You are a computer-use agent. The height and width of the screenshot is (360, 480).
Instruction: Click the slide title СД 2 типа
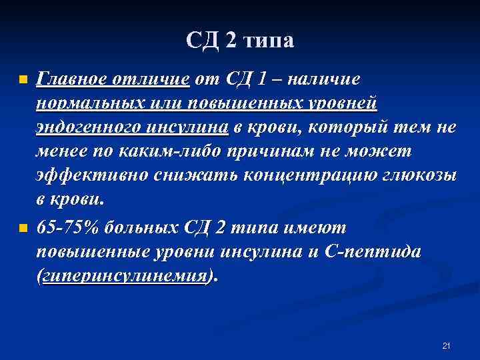240,41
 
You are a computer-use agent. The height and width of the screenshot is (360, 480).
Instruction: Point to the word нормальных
87,104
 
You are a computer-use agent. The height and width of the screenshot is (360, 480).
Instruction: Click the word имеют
317,227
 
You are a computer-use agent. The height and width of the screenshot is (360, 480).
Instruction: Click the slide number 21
447,345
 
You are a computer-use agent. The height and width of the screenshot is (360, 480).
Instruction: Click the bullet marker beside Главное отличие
22,80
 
